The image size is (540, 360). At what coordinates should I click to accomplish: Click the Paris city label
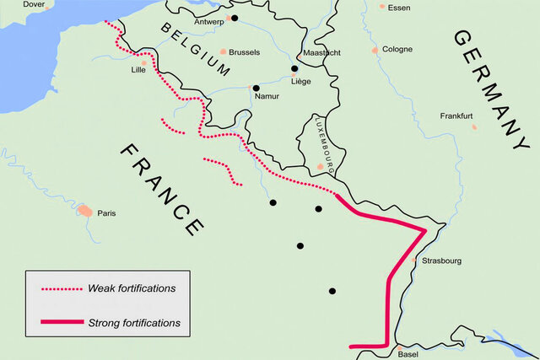click(x=106, y=213)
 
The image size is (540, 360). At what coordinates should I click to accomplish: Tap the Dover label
click(x=34, y=4)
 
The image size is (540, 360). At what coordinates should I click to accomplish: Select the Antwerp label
click(x=210, y=21)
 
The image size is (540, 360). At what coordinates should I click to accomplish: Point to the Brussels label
click(x=245, y=52)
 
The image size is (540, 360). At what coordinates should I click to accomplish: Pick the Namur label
click(x=266, y=97)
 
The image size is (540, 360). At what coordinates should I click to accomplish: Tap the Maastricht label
click(x=321, y=52)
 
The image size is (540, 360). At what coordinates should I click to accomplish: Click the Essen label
click(x=399, y=8)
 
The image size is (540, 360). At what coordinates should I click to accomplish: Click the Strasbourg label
click(x=441, y=261)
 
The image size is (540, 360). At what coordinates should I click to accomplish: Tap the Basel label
click(x=408, y=354)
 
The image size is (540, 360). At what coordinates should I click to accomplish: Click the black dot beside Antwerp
click(x=235, y=18)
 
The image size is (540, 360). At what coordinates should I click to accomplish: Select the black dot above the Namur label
click(x=256, y=88)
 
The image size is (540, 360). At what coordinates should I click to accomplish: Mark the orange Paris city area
click(x=85, y=210)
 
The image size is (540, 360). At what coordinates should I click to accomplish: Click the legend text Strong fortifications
click(x=133, y=323)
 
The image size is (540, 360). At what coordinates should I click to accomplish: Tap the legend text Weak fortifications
click(x=132, y=288)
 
